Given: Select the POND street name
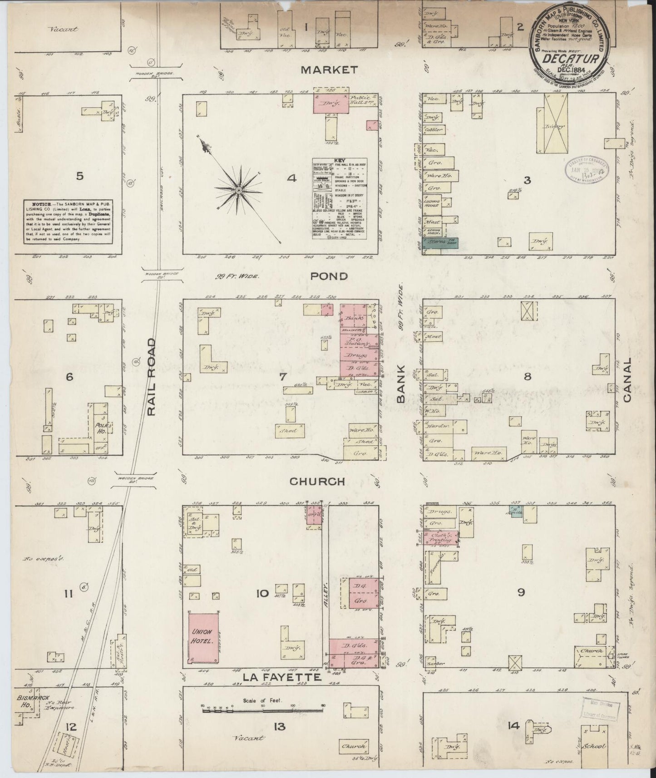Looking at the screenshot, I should click(330, 276).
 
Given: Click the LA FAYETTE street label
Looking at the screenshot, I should click(282, 677).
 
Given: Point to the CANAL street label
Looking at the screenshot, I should click(628, 380).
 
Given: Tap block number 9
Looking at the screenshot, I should click(521, 592).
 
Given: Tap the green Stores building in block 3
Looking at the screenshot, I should click(439, 243).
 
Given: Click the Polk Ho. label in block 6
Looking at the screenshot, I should click(102, 428).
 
